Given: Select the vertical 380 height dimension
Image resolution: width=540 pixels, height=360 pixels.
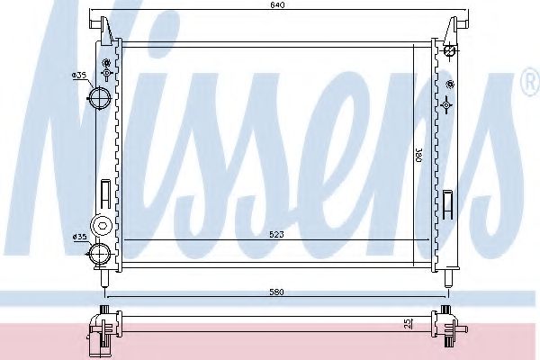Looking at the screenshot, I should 418,155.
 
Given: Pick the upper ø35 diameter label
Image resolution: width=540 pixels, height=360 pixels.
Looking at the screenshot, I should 79,76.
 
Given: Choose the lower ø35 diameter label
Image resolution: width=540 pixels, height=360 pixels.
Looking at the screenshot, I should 78,237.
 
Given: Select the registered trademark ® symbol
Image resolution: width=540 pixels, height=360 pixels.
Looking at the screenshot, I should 528,85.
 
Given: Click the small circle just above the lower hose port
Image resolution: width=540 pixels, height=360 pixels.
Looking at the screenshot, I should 101,222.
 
